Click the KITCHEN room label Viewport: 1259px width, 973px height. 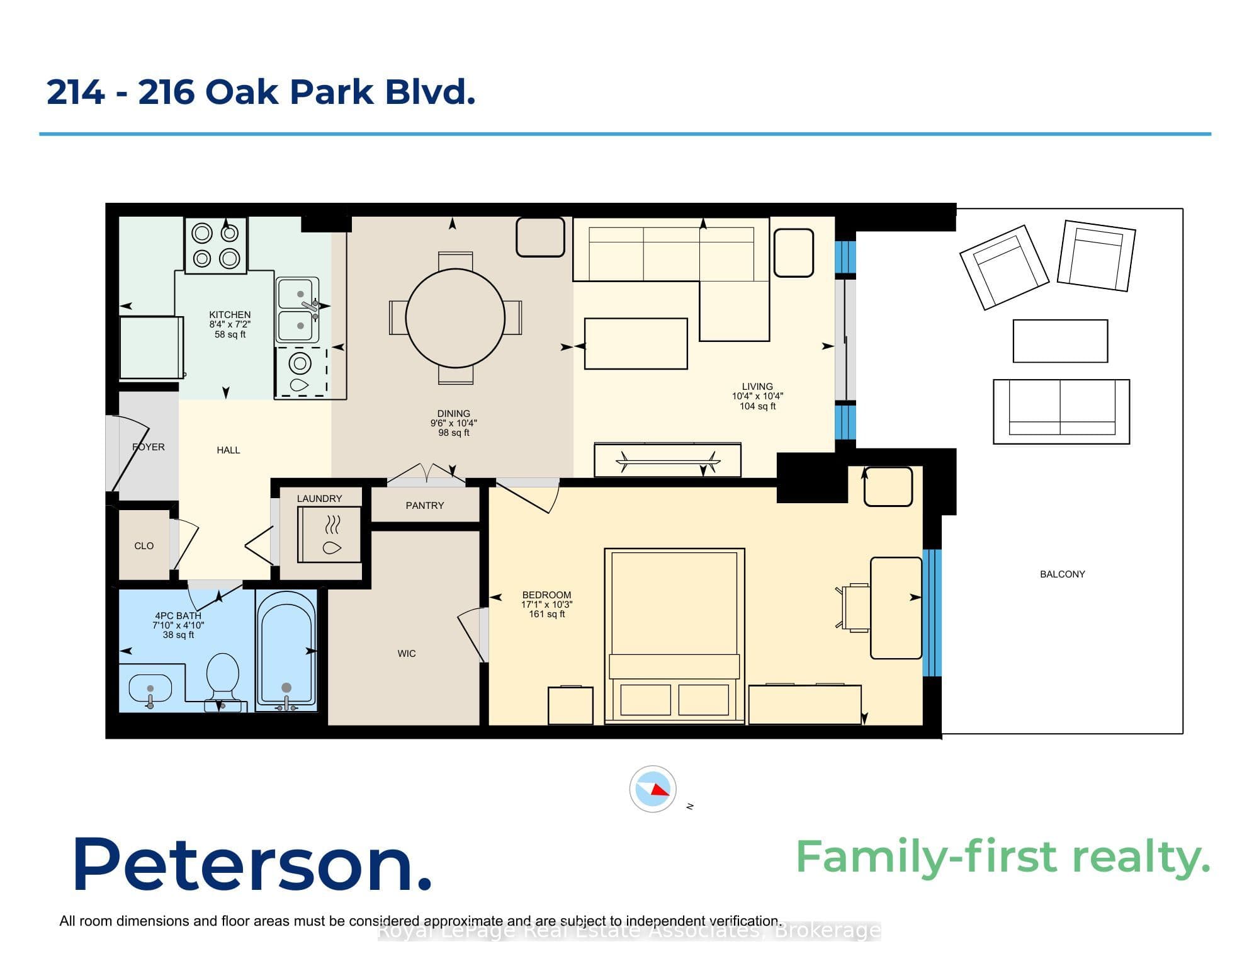tap(230, 314)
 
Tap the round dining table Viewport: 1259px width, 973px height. tap(455, 318)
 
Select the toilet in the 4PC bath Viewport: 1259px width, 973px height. tap(222, 681)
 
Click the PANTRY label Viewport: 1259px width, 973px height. tap(425, 506)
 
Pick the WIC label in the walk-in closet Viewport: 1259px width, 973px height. tap(407, 654)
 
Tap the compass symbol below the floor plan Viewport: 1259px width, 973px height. tap(653, 788)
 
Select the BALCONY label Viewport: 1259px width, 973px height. tap(1063, 574)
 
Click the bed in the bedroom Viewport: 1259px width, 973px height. tap(674, 635)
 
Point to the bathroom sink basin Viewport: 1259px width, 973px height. tap(150, 688)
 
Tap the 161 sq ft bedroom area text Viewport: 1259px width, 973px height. tap(547, 614)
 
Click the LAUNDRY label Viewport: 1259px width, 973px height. tap(320, 499)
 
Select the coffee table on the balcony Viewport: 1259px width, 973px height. tap(1060, 341)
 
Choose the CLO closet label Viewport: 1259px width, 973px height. tap(144, 546)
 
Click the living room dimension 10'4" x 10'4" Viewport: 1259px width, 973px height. tap(757, 396)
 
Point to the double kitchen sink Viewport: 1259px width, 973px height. tap(298, 310)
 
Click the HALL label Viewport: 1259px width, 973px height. tap(229, 450)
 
